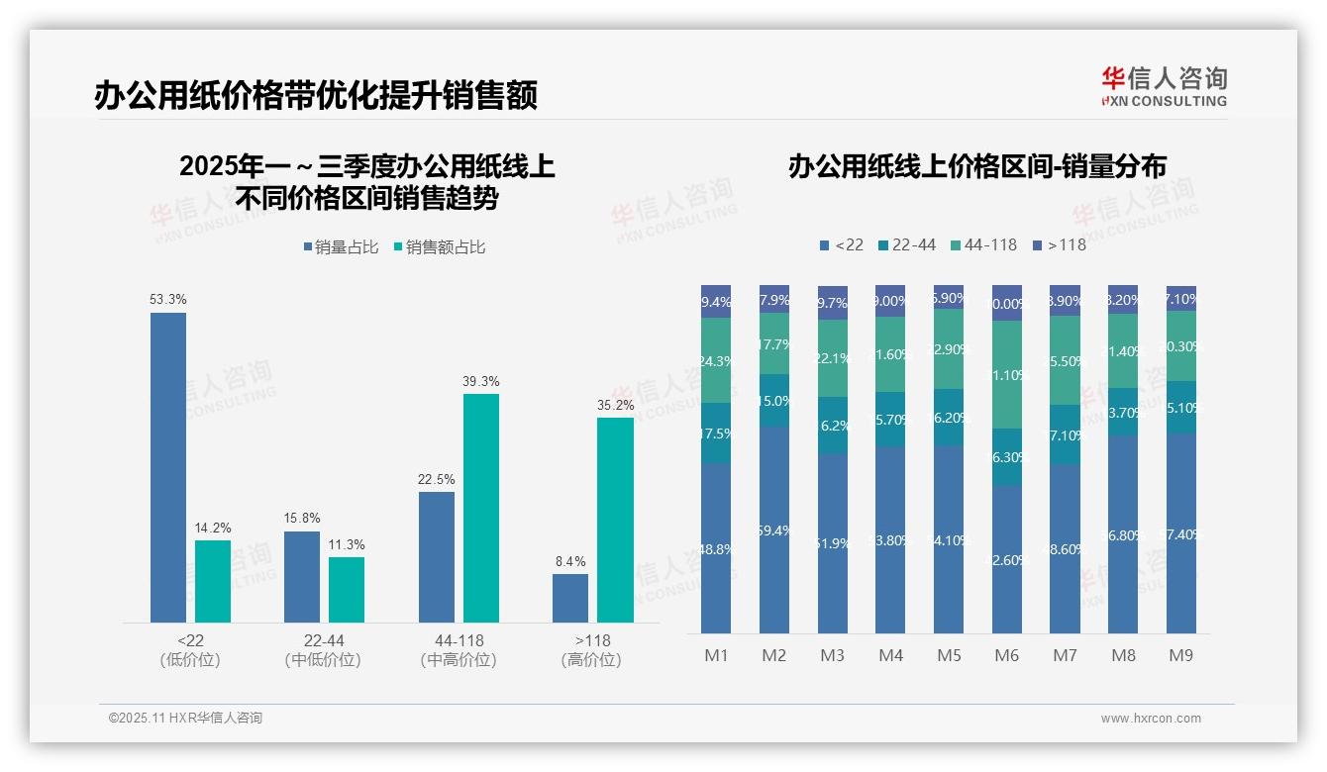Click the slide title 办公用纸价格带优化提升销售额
click(315, 96)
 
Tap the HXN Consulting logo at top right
click(1164, 87)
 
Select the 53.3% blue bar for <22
click(168, 467)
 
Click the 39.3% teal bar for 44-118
click(481, 508)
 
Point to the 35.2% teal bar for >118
click(615, 520)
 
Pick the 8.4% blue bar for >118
click(570, 598)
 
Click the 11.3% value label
click(347, 544)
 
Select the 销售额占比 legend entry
click(440, 247)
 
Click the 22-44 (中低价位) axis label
click(323, 650)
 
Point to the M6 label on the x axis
click(1006, 655)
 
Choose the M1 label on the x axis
click(716, 655)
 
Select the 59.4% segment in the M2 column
click(774, 530)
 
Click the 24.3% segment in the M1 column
click(716, 360)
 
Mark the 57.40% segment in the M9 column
click(1180, 532)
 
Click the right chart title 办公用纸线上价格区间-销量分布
click(976, 166)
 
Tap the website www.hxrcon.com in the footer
click(1151, 719)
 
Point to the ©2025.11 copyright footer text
click(185, 719)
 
